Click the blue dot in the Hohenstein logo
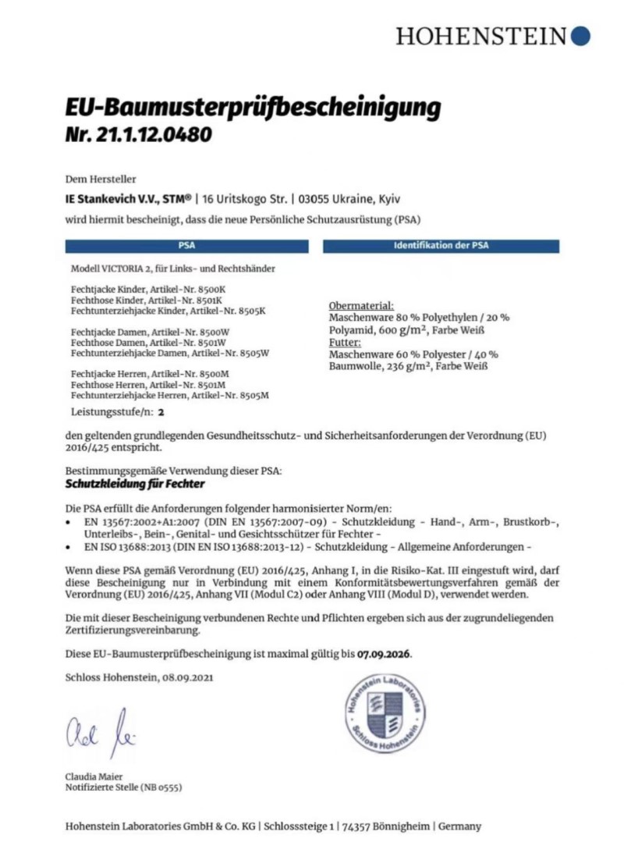pos(580,35)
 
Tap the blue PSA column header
pos(187,246)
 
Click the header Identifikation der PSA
pos(441,246)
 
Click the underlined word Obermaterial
pos(362,306)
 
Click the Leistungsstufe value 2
pos(161,410)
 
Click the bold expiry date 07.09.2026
pos(384,652)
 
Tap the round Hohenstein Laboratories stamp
pos(386,711)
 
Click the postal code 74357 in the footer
pos(364,826)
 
